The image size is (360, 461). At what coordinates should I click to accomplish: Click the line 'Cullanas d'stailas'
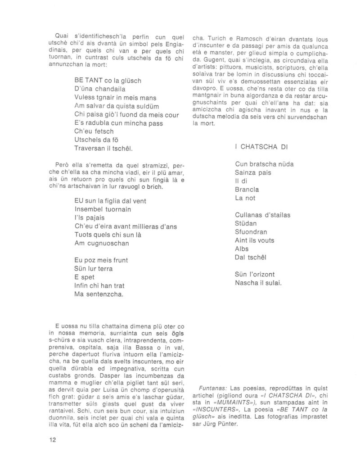click(x=262, y=215)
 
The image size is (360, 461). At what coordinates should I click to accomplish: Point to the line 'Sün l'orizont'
click(x=255, y=274)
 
